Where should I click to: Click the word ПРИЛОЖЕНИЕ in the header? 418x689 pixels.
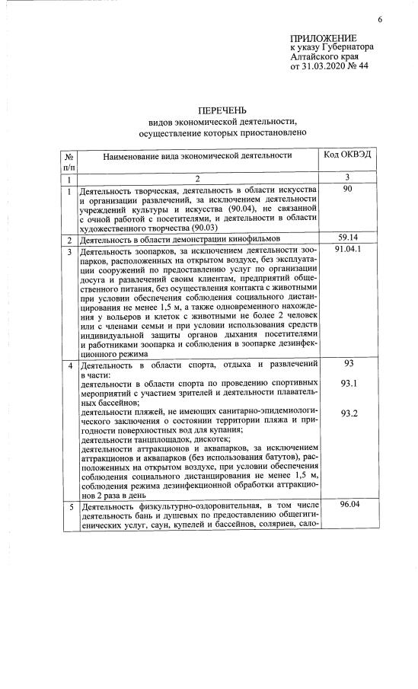(x=323, y=39)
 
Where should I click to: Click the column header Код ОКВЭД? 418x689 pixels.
(x=347, y=155)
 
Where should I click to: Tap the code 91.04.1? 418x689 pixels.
(x=347, y=250)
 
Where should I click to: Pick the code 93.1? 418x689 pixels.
(x=349, y=383)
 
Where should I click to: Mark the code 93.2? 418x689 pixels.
(x=349, y=413)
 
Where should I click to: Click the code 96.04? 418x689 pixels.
(x=349, y=504)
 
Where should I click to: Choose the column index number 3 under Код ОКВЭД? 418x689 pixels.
(x=346, y=177)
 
